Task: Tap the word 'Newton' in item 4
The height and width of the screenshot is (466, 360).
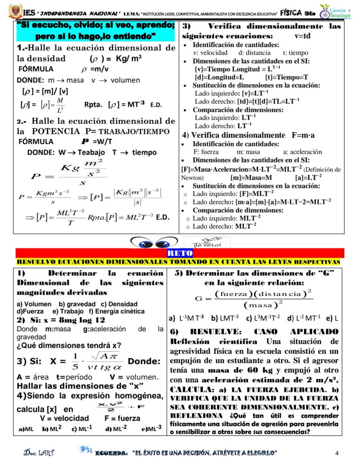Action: pyautogui.click(x=191, y=178)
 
